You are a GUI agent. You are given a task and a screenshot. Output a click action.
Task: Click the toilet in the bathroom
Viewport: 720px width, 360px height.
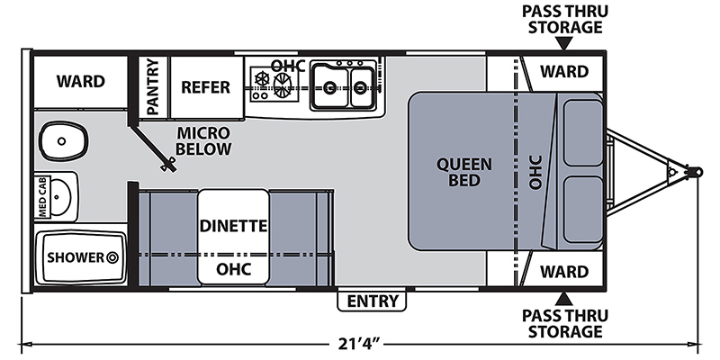tap(63, 141)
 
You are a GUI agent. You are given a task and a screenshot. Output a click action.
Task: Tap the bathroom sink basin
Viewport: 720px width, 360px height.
tap(59, 197)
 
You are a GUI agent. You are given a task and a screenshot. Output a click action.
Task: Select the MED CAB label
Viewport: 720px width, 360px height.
tap(42, 197)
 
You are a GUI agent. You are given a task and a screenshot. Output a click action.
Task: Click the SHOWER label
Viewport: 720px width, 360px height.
tap(76, 257)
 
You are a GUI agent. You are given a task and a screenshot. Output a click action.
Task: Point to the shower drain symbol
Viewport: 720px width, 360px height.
tap(112, 257)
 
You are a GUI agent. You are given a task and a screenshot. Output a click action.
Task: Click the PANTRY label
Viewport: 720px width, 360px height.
tap(153, 86)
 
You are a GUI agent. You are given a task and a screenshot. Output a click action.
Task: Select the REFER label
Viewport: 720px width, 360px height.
tap(206, 86)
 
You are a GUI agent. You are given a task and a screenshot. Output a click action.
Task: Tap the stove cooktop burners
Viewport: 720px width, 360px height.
tap(272, 84)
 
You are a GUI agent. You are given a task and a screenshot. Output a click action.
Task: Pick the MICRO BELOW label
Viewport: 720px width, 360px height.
tap(203, 141)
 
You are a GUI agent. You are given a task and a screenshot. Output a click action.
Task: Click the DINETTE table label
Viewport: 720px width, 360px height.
tap(233, 226)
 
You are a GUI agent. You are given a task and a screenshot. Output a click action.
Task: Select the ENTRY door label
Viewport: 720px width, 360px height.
tap(372, 301)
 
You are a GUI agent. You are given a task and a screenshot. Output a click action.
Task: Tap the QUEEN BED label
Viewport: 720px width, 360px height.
tap(464, 172)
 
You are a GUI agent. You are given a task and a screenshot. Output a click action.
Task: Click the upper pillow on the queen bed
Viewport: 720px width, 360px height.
tap(583, 132)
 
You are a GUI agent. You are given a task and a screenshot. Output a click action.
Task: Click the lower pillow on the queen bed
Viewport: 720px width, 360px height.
tap(583, 210)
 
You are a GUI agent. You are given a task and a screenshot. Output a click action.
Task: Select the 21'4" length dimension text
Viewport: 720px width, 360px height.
tap(359, 344)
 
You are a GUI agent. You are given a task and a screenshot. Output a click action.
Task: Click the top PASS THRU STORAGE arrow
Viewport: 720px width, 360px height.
tap(564, 43)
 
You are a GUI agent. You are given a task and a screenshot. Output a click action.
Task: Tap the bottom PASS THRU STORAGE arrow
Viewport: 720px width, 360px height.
tap(564, 300)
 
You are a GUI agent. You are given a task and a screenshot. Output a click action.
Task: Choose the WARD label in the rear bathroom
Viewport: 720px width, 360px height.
tap(81, 81)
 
